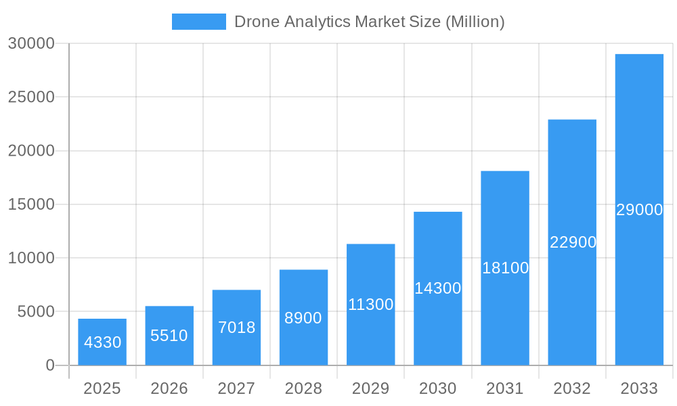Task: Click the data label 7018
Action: coord(236,328)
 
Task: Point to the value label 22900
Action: coord(573,242)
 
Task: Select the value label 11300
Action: coord(370,304)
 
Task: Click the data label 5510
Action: coord(169,335)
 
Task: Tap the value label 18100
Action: coord(505,268)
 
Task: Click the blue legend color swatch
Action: coord(198,22)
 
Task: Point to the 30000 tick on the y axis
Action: coord(31,44)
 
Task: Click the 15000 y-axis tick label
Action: coord(31,204)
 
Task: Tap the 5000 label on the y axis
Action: coord(35,312)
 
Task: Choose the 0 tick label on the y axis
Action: coord(50,365)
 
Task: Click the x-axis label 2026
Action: coord(169,388)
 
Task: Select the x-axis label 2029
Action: coord(370,388)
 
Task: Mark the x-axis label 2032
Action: coord(572,388)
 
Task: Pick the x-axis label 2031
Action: coord(505,388)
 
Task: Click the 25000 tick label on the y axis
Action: coord(31,97)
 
